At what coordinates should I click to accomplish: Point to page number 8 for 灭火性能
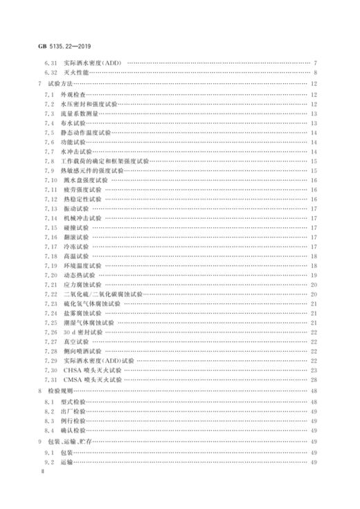[x=316, y=73]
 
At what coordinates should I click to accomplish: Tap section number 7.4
[x=48, y=122]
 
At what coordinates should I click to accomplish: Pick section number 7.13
[x=51, y=208]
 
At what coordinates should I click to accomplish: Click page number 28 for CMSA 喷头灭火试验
[x=314, y=380]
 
